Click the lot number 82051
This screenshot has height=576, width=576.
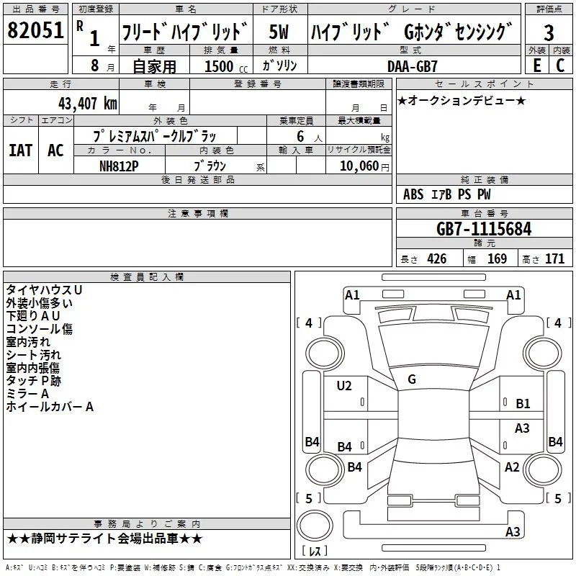(x=35, y=30)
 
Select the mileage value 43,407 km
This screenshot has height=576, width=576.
(x=88, y=103)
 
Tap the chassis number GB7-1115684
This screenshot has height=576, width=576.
(x=484, y=228)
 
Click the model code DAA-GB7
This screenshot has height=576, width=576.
(x=412, y=66)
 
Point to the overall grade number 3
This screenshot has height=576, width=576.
(x=549, y=32)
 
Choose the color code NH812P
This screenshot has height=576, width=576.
(x=119, y=166)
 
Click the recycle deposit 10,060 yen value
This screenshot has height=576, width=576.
(x=364, y=166)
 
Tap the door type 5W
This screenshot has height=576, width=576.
(x=279, y=32)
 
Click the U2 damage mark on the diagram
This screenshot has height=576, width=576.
(x=344, y=386)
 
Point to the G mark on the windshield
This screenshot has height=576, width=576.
(x=412, y=379)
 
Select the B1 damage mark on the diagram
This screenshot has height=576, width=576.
(x=523, y=404)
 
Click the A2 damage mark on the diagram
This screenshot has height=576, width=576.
(x=512, y=467)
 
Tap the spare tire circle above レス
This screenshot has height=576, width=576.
(x=315, y=525)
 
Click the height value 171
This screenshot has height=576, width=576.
(x=554, y=258)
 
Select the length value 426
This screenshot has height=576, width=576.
(x=437, y=258)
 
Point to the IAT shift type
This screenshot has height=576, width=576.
(x=21, y=150)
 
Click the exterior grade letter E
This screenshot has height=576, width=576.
(x=537, y=66)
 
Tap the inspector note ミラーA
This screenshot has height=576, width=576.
(x=27, y=394)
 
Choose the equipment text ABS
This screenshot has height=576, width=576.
(x=413, y=194)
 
